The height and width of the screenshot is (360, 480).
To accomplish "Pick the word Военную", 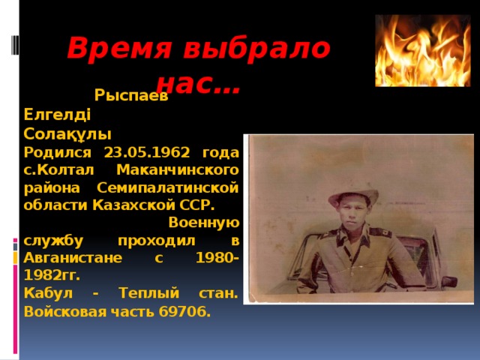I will point(204,222).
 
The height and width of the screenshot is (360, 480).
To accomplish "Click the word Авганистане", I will point(68,258).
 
